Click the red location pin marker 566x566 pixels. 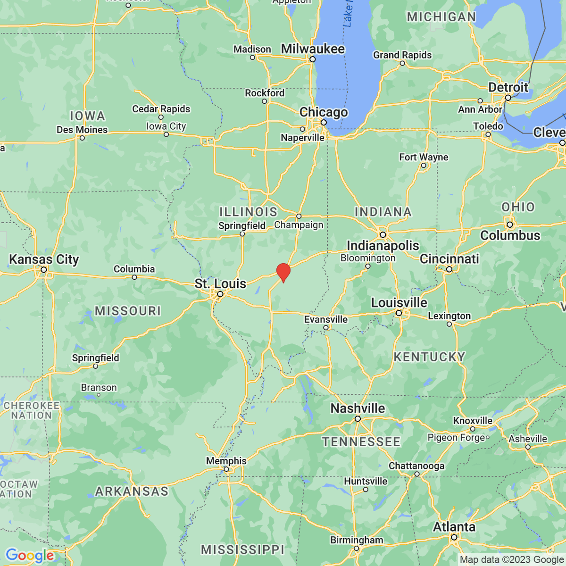[283, 272]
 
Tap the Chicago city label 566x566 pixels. [324, 112]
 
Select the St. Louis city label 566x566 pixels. [220, 283]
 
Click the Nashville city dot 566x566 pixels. [358, 419]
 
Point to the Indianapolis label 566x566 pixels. [383, 245]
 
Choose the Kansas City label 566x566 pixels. [44, 259]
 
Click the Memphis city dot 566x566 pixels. [226, 469]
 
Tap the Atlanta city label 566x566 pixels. [454, 527]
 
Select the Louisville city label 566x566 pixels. [399, 302]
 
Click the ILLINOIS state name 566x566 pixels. [248, 212]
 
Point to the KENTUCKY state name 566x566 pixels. [429, 357]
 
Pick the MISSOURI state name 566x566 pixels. [128, 311]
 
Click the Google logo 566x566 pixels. [30, 556]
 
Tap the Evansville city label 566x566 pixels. [326, 319]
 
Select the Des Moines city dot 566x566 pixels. [82, 138]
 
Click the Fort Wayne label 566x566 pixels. [424, 157]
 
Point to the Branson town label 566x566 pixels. [99, 388]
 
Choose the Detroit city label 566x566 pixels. [508, 88]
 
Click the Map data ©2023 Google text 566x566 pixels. [512, 560]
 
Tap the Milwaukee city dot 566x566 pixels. [312, 59]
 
